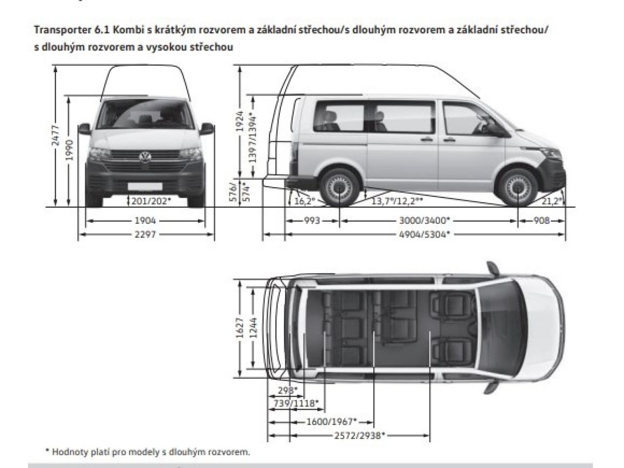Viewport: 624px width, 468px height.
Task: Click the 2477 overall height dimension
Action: pos(55,135)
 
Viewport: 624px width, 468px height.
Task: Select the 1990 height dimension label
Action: pos(69,150)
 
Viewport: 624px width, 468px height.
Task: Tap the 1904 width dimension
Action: pos(145,220)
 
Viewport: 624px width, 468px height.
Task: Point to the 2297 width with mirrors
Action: pos(145,234)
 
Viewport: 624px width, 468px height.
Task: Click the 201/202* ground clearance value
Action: pos(151,201)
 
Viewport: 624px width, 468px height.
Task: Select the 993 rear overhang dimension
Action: pos(312,220)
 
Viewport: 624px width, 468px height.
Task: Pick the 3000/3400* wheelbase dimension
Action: pos(425,220)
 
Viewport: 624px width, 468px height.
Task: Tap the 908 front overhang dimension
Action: pos(542,220)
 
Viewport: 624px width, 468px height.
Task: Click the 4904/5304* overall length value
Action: pos(425,234)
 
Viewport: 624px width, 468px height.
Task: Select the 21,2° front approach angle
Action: pos(552,201)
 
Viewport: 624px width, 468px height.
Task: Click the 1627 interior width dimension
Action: pos(240,328)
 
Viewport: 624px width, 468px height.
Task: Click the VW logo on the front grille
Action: pos(145,157)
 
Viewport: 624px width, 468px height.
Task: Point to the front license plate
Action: pos(145,187)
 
